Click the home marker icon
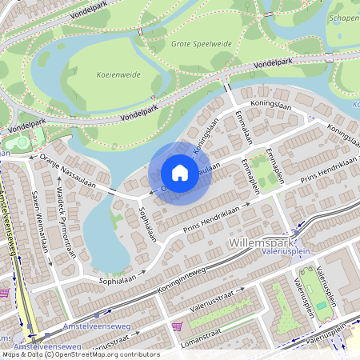pos(180,173)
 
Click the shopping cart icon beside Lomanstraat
pos(177,326)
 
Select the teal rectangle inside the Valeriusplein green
pos(321,305)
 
